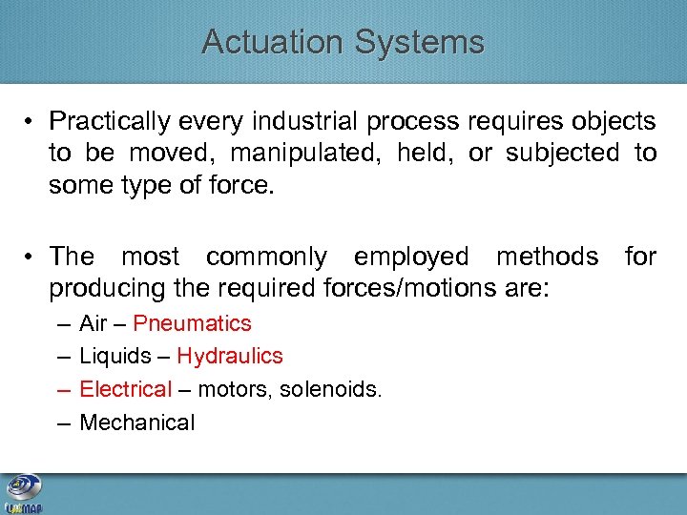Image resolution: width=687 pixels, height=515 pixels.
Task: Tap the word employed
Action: [410, 257]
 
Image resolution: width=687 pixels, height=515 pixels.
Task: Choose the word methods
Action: [547, 257]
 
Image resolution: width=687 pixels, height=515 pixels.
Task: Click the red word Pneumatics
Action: [192, 323]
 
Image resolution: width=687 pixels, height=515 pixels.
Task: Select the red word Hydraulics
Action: [229, 357]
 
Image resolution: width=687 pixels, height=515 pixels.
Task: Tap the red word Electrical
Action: [125, 389]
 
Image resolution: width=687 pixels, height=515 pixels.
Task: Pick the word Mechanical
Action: [136, 422]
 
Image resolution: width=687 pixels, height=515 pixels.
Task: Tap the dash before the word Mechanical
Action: [63, 422]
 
